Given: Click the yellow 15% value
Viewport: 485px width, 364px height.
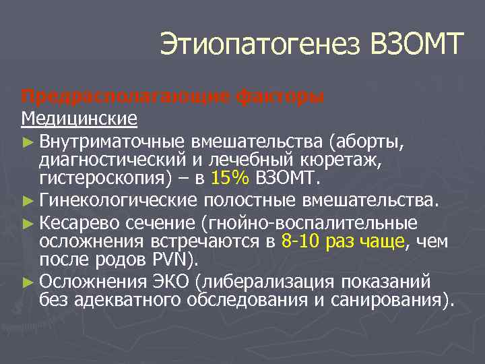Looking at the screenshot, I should pyautogui.click(x=230, y=179).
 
